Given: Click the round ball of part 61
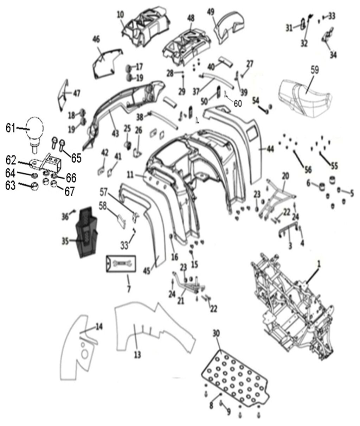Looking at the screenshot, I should point(34,129).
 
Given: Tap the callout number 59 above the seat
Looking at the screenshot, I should point(314,70).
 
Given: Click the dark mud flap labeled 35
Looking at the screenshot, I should point(86,232).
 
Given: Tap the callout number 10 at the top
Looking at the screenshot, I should point(120,14).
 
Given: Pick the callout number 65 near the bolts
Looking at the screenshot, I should point(76,158).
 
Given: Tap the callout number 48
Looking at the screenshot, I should point(191,17).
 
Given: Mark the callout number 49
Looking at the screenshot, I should point(211,12).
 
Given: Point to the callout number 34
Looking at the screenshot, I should point(333,55).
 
